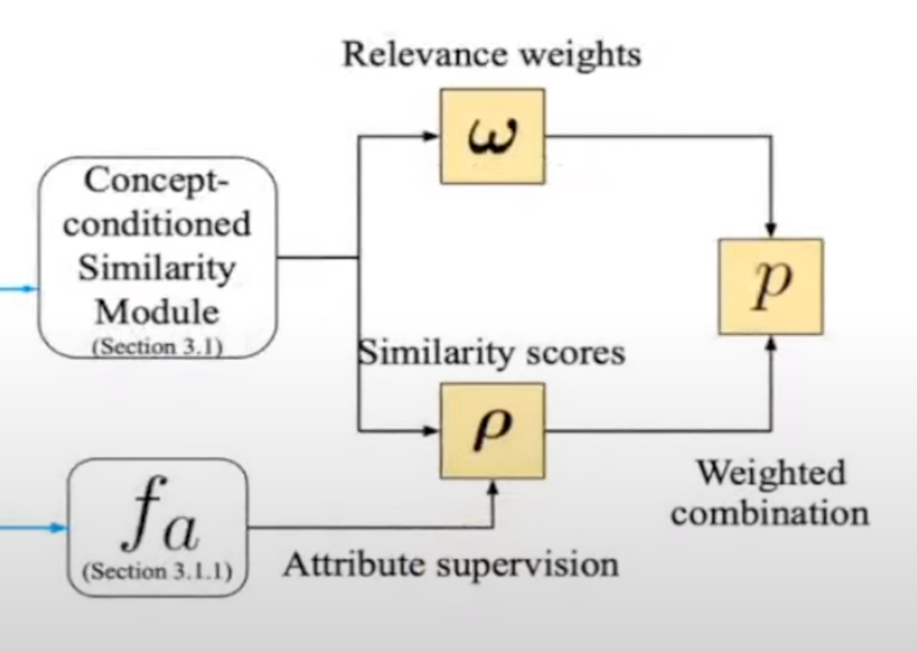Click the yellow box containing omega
pyautogui.click(x=493, y=136)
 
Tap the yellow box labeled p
pyautogui.click(x=770, y=287)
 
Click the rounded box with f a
pyautogui.click(x=158, y=527)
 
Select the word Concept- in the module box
pyautogui.click(x=157, y=181)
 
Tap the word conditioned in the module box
pyautogui.click(x=157, y=224)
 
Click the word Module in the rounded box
pyautogui.click(x=157, y=311)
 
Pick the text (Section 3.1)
pyautogui.click(x=157, y=345)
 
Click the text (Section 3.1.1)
pyautogui.click(x=158, y=570)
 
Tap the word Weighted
pyautogui.click(x=771, y=472)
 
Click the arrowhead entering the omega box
pyautogui.click(x=433, y=136)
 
